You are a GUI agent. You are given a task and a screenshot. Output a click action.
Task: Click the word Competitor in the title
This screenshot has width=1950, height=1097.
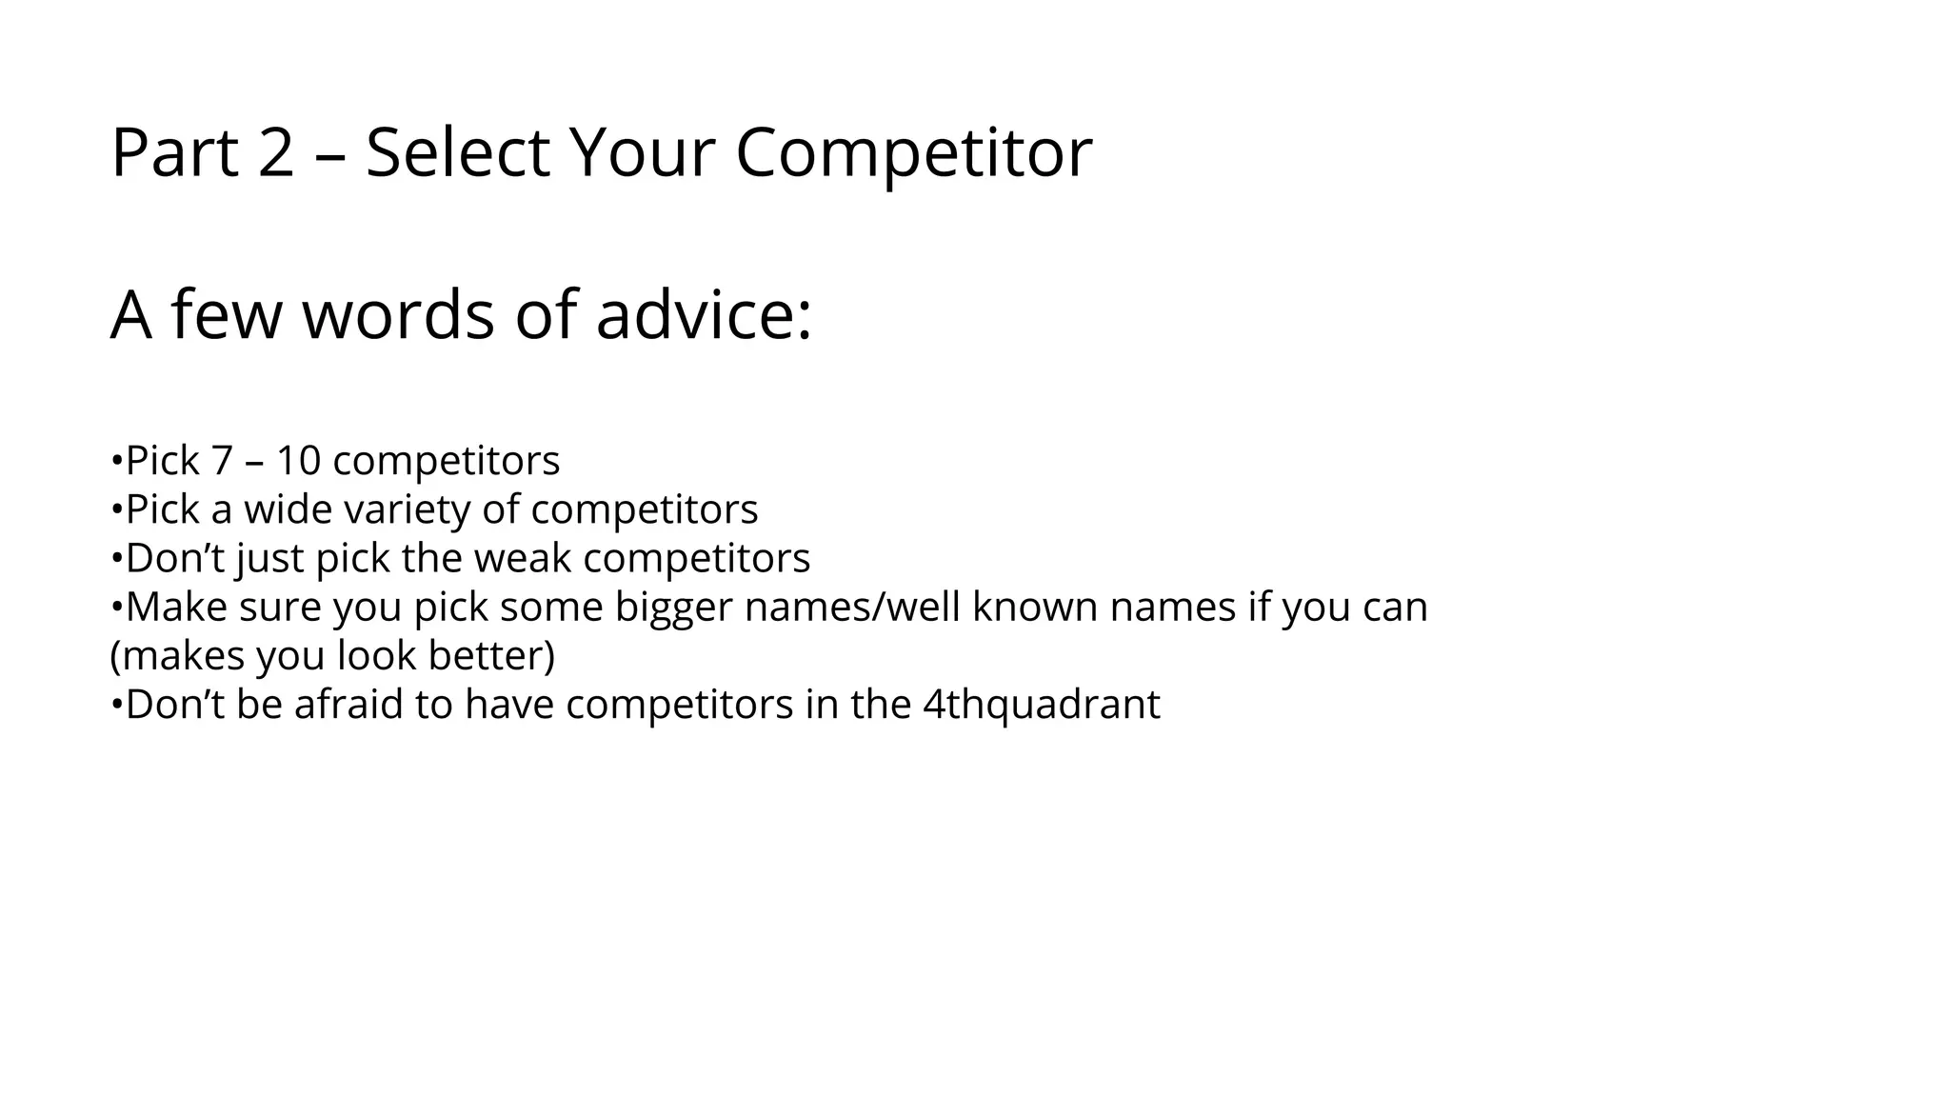click(913, 152)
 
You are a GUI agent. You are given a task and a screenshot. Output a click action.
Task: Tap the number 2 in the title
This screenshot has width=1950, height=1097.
click(276, 152)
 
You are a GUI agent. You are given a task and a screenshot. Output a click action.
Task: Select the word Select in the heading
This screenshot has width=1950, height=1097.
click(457, 152)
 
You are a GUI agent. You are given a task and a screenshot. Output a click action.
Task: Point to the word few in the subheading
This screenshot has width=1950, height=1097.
click(226, 314)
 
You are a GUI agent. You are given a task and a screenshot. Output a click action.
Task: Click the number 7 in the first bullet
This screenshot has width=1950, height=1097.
click(222, 461)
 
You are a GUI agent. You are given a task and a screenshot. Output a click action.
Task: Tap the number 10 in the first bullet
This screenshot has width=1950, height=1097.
click(298, 461)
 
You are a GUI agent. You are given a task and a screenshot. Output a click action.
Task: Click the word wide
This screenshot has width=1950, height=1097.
click(288, 509)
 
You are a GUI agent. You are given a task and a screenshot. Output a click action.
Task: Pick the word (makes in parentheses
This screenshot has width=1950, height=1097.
click(177, 655)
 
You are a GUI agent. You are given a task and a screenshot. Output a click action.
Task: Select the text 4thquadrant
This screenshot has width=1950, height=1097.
click(1042, 705)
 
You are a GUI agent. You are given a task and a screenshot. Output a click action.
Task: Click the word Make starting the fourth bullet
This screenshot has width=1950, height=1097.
click(176, 607)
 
